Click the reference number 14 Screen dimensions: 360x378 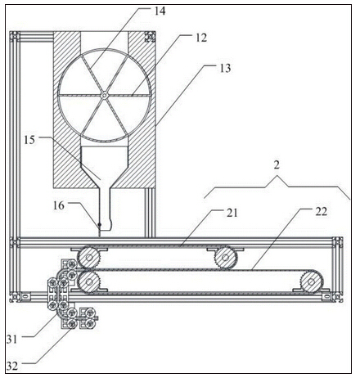click(x=160, y=11)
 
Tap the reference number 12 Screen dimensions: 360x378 click(x=201, y=38)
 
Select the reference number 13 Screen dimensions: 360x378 click(x=225, y=68)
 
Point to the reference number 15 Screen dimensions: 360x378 click(x=29, y=140)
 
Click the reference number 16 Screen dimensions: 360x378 click(x=59, y=205)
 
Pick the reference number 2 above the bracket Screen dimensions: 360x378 click(x=277, y=164)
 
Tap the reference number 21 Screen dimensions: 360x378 click(x=232, y=213)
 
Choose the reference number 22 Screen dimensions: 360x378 click(x=321, y=212)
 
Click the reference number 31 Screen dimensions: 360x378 click(x=11, y=340)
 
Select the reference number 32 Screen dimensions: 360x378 click(x=12, y=367)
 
